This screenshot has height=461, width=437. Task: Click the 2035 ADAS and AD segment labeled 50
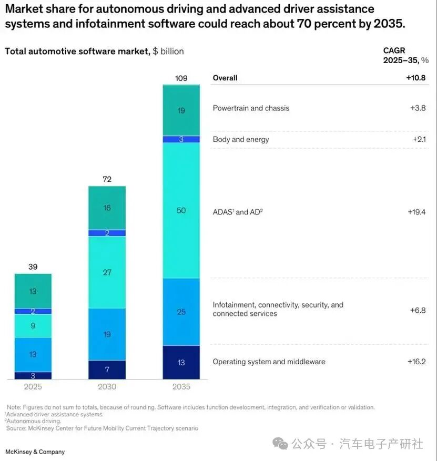181,210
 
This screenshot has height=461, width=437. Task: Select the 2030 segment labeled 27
107,272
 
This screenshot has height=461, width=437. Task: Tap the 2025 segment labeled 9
33,326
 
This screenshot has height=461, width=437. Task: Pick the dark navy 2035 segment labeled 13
181,362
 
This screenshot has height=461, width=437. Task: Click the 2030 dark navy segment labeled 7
107,370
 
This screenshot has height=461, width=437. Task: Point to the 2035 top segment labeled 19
181,110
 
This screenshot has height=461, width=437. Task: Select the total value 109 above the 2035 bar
181,78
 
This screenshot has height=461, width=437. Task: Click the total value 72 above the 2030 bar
107,179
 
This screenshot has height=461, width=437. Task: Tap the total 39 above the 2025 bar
33,267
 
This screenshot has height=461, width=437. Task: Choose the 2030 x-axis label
107,387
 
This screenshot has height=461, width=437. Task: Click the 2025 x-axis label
33,387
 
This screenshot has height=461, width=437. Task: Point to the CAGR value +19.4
416,212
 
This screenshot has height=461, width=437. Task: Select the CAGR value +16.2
416,362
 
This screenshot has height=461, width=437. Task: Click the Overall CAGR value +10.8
415,78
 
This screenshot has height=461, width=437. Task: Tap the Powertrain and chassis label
251,108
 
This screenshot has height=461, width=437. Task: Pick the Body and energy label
240,139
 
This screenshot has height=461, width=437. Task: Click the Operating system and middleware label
269,362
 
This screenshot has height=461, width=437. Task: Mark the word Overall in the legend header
225,78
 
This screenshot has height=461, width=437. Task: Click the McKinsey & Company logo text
35,452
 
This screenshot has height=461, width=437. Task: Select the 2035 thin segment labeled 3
181,139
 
